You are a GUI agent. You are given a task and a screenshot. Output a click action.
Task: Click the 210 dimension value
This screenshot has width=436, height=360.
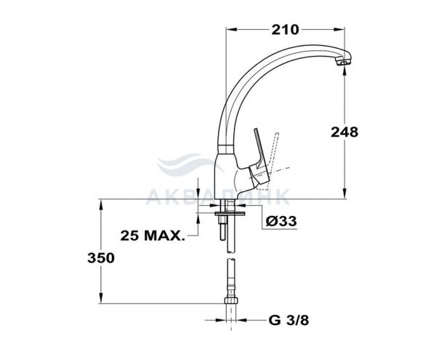click(x=285, y=30)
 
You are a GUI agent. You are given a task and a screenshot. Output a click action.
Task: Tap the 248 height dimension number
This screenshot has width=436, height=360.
click(x=344, y=132)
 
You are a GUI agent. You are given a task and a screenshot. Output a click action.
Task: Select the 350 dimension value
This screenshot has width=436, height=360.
click(x=101, y=258)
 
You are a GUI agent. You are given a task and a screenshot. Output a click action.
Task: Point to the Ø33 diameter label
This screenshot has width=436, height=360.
click(x=281, y=221)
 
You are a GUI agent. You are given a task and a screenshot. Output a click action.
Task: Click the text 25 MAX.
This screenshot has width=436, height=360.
click(x=153, y=236)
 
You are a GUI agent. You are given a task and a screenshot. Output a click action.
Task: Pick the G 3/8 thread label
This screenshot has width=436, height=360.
click(x=288, y=321)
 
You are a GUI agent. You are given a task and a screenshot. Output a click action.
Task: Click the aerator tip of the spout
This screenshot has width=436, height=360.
click(x=343, y=62)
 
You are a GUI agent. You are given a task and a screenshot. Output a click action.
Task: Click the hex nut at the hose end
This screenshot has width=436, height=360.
click(x=231, y=300)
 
